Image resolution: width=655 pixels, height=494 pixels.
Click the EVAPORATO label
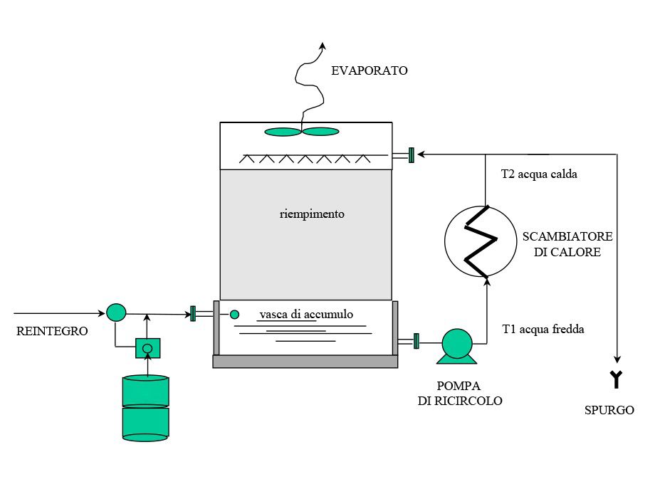(x=370, y=70)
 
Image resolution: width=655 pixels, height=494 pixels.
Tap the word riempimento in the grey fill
(x=312, y=214)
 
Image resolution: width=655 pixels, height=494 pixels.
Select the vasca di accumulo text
(x=306, y=314)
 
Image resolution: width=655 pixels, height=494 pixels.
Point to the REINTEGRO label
(x=52, y=331)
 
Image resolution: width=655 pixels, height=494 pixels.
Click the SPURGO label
(x=609, y=410)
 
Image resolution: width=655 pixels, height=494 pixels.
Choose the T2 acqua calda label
(x=539, y=174)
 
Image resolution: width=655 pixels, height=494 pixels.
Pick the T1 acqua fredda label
(x=543, y=329)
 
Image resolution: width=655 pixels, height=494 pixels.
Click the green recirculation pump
(x=457, y=346)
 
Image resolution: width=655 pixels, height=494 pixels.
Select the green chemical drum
(x=145, y=408)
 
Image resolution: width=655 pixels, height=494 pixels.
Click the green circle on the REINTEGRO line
(x=116, y=312)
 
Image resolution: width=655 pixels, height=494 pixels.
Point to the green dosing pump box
(x=148, y=348)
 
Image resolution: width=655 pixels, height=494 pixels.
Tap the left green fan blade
(x=283, y=132)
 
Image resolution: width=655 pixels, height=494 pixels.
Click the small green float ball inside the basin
(x=234, y=314)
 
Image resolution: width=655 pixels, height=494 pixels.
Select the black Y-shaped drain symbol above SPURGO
(x=617, y=379)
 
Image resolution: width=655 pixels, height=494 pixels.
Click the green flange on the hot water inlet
(x=412, y=155)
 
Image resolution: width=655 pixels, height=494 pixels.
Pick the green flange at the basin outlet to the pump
(x=416, y=341)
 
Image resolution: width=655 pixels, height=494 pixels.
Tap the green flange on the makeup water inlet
(x=193, y=314)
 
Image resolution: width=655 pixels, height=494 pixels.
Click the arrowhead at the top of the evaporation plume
(x=322, y=46)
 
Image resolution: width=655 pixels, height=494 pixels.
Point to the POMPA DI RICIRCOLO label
(x=459, y=393)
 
